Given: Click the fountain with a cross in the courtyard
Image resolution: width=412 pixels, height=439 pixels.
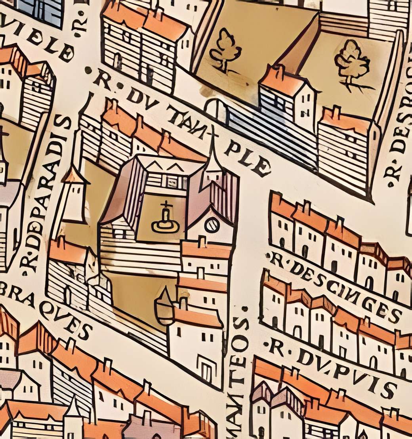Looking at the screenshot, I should (165, 219).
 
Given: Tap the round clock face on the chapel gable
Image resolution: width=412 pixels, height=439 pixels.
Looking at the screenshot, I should (212, 225).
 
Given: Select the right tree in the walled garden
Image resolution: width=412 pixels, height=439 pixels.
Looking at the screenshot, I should (351, 63).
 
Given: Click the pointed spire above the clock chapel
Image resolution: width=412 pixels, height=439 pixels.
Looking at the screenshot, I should (213, 155).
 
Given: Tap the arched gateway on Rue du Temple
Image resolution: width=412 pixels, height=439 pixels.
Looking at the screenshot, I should (216, 110).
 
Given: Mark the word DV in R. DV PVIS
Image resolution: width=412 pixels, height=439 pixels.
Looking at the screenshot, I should (307, 357).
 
